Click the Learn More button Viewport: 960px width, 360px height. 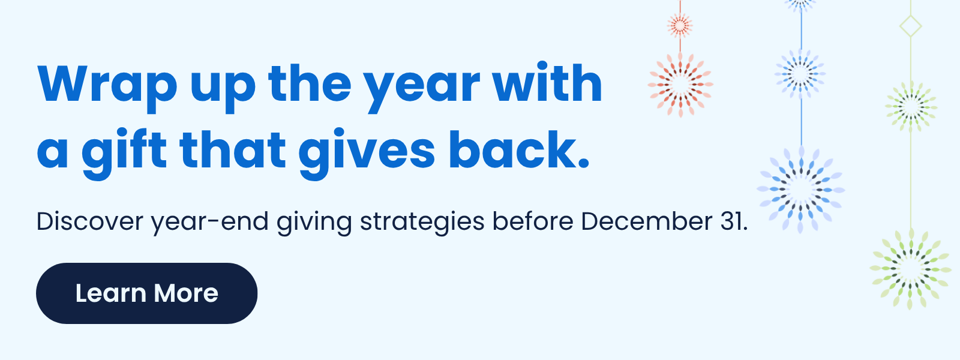click(146, 293)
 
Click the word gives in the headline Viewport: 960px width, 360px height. click(367, 151)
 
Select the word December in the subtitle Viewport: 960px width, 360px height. click(646, 221)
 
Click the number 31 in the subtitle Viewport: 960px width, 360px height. click(733, 221)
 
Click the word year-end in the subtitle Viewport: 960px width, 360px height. click(209, 221)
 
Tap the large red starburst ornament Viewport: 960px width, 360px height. click(680, 84)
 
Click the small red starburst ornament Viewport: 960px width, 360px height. click(680, 25)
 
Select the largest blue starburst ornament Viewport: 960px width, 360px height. click(800, 190)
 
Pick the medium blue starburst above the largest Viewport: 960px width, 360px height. click(800, 74)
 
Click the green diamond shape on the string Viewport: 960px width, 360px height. click(911, 26)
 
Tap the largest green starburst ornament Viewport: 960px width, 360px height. click(910, 268)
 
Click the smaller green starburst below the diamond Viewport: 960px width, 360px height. click(911, 107)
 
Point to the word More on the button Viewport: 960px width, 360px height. click(185, 293)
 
